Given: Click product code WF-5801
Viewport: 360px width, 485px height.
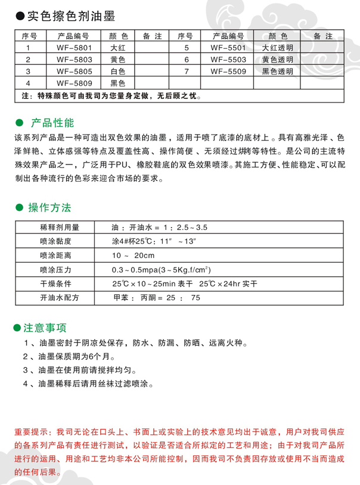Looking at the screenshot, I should click(74, 48).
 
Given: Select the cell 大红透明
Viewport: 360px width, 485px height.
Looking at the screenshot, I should click(278, 48).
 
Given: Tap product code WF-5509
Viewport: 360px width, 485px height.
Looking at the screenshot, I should click(228, 71).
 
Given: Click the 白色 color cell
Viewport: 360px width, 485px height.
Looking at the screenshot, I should click(118, 71).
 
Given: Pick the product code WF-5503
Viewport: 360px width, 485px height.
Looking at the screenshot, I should click(228, 60).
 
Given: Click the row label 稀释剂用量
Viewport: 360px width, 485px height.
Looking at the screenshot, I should click(60, 228).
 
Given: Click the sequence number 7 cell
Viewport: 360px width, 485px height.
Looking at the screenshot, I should click(187, 71).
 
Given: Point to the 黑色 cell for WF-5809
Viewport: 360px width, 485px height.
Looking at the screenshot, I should click(118, 82).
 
